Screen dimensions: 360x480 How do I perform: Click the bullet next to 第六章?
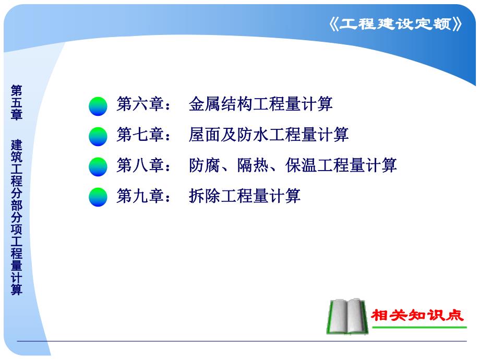(98, 106)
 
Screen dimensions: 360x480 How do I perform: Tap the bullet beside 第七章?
(98, 136)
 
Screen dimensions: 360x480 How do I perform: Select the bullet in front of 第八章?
(98, 167)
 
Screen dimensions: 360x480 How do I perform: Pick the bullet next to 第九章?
(98, 197)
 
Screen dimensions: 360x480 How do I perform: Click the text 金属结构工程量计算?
(260, 104)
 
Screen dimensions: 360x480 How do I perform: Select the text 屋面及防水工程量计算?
(268, 135)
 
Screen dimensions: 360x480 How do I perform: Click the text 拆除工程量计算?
(244, 196)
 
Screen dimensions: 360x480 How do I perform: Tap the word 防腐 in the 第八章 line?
(204, 165)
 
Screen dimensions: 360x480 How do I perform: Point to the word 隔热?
(252, 165)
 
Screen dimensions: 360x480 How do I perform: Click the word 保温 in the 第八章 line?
(301, 165)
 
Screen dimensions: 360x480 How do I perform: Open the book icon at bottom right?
(347, 317)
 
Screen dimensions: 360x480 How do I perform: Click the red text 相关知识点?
(417, 315)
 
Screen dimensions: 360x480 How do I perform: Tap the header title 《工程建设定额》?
(397, 25)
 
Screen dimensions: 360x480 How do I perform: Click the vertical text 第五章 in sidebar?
(17, 102)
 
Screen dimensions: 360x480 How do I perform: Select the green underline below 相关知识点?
(417, 328)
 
